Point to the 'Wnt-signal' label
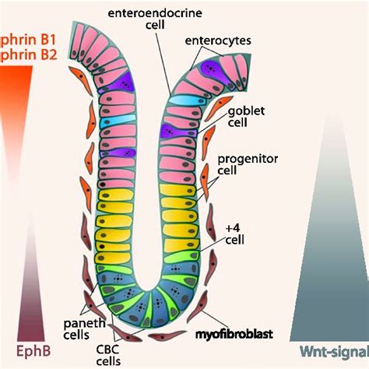[x=328, y=351]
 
